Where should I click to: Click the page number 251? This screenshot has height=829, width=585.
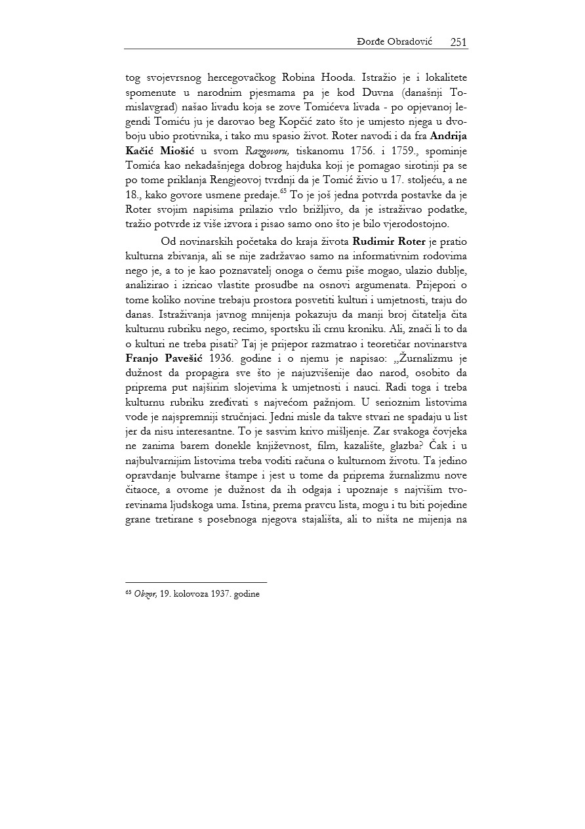tap(458, 42)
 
